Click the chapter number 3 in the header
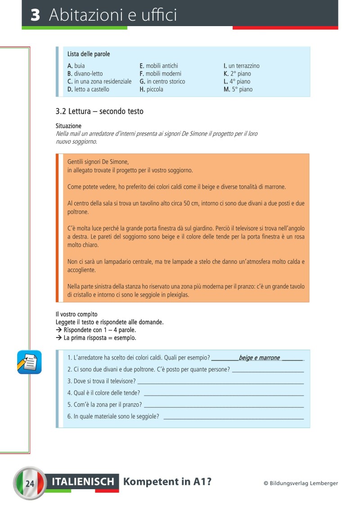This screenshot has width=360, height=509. coord(36,15)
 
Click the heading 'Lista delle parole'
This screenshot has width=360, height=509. coord(89,54)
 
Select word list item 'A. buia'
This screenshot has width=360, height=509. coord(76,66)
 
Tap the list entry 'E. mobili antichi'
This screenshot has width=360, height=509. coord(159,66)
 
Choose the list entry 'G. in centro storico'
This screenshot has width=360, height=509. coord(162,81)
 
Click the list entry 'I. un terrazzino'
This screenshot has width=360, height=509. coord(242,66)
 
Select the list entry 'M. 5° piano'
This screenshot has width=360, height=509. coord(238,89)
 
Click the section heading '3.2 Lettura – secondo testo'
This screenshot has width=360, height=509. coord(99,111)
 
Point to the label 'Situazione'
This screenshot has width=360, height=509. coord(68,126)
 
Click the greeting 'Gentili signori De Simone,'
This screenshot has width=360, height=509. coord(98,162)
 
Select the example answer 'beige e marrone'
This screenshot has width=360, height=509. coord(259,358)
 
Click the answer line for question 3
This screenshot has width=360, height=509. coord(220,381)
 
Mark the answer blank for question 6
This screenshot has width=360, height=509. coord(234,416)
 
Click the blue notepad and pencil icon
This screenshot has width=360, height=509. coord(29,362)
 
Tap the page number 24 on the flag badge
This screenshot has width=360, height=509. coord(30,484)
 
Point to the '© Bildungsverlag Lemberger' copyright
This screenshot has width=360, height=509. coord(301,483)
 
